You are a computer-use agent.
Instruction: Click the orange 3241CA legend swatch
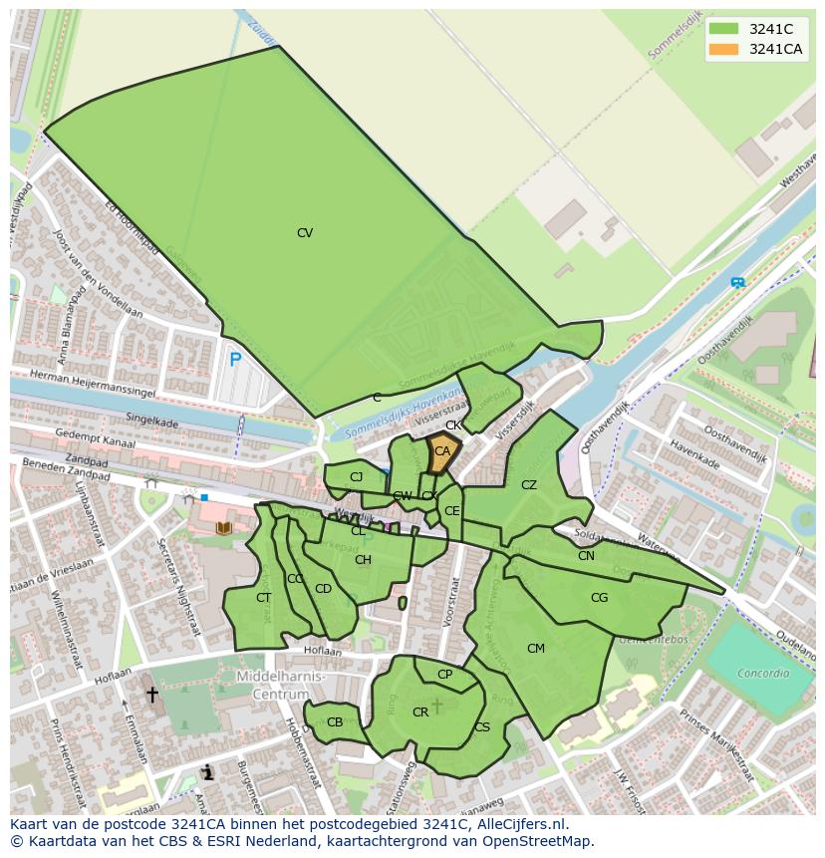723,49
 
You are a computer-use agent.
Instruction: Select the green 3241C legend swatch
723,29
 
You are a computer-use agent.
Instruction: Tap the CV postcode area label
305,233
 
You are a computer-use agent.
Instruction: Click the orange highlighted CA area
442,451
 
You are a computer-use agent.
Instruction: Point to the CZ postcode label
529,485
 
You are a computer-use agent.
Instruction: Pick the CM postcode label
536,649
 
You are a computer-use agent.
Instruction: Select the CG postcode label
599,598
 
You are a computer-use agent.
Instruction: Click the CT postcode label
263,598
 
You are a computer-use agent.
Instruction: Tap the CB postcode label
335,722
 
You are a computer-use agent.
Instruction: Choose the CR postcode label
420,712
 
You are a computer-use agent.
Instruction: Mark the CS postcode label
482,727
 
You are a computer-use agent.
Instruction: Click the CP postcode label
444,675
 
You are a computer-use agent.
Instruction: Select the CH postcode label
363,560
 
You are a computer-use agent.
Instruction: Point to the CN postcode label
586,556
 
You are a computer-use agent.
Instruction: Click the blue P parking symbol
235,360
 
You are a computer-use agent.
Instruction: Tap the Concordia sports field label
763,673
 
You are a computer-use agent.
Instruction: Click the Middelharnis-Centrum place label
281,685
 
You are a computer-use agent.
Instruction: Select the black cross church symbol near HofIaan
152,694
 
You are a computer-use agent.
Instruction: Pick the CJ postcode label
356,477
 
